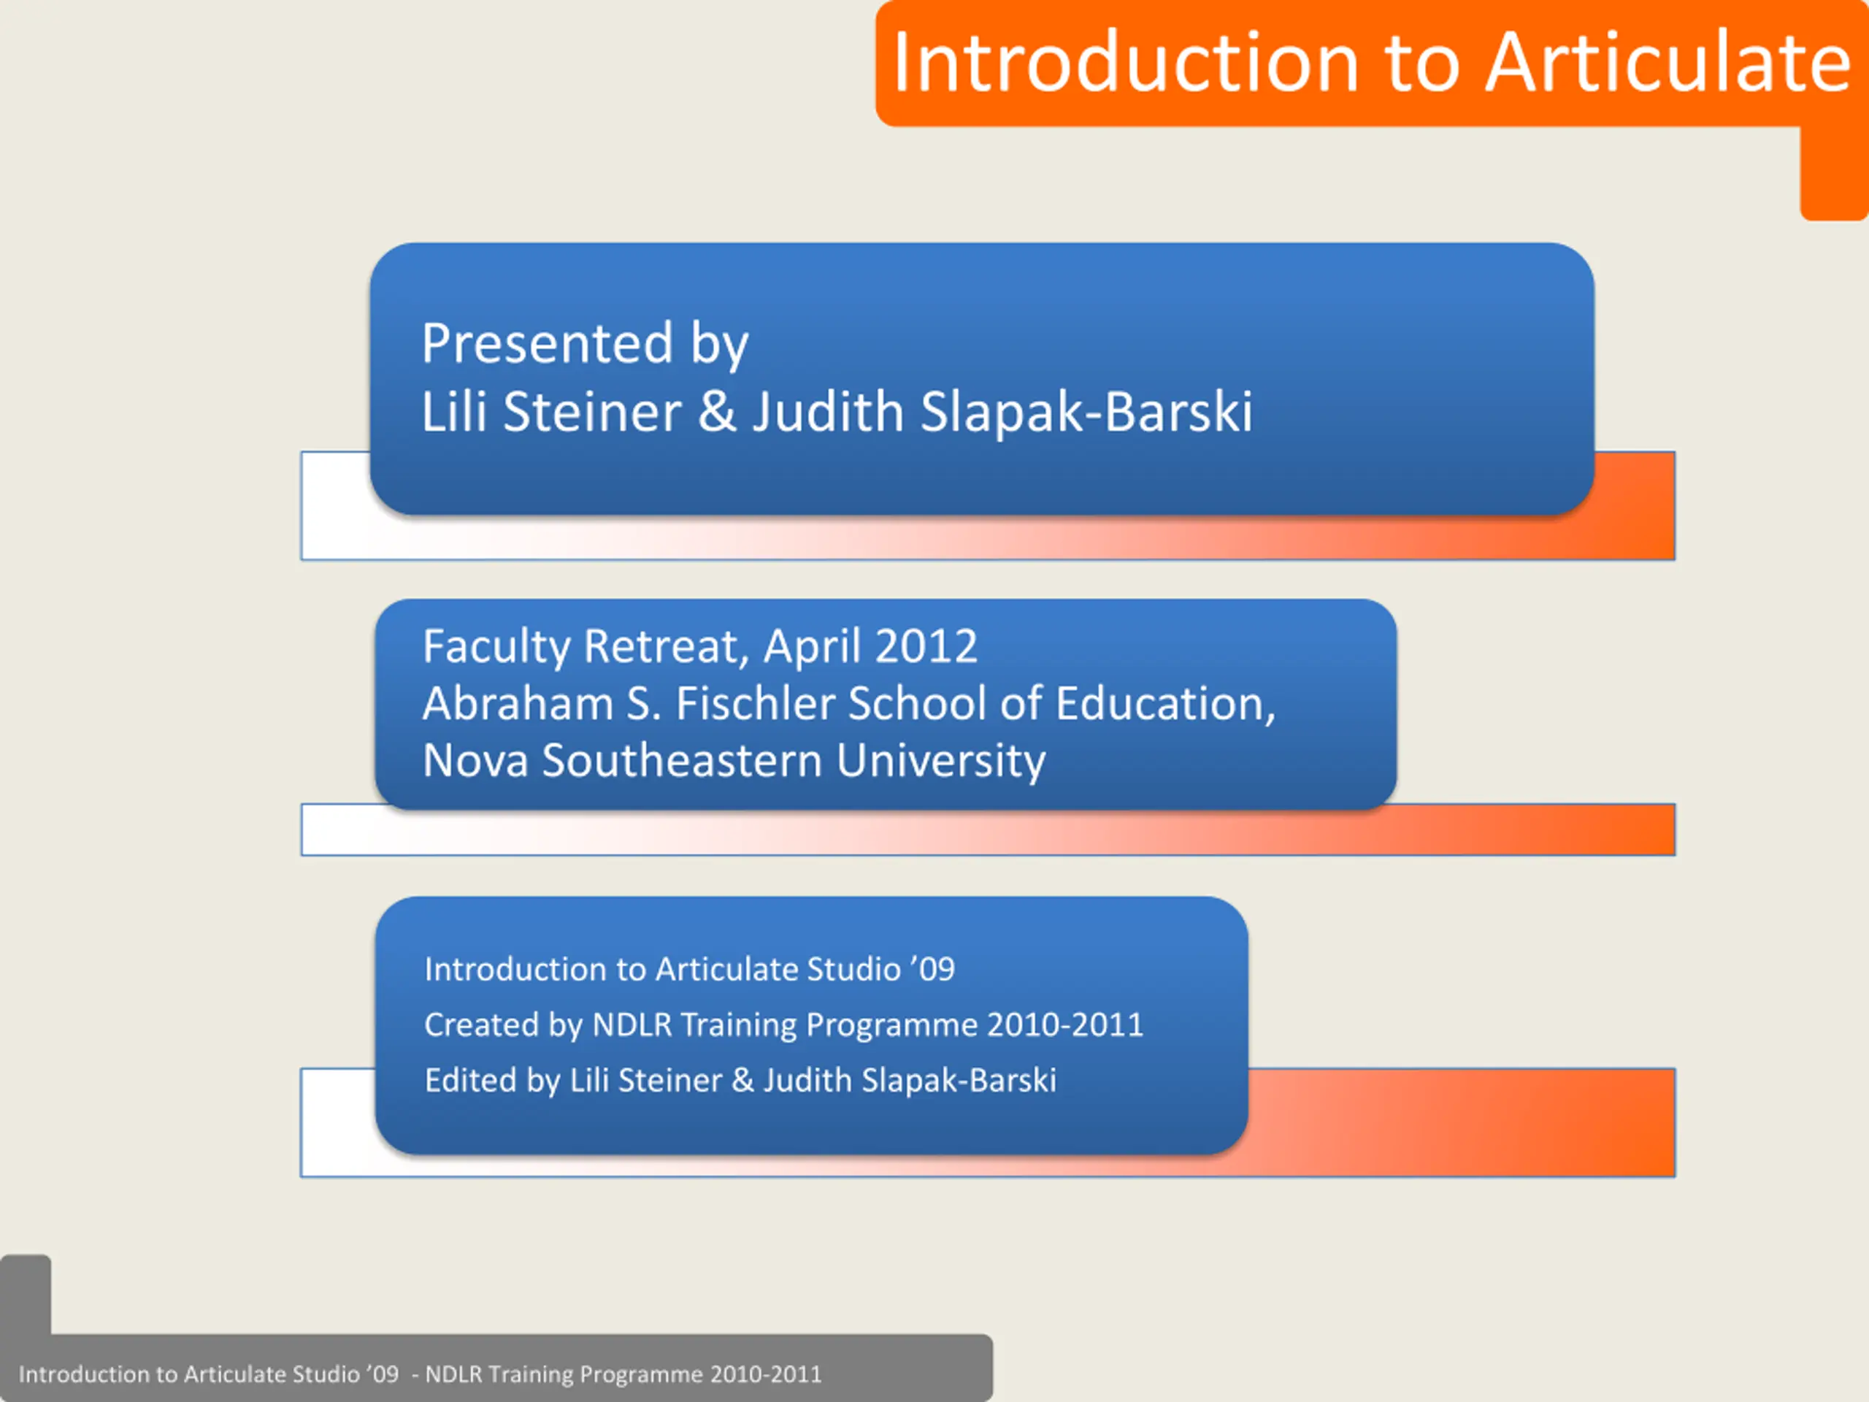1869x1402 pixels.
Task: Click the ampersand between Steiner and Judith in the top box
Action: coord(718,412)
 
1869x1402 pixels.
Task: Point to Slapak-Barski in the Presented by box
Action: coord(1086,412)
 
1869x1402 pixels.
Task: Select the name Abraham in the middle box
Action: coord(518,703)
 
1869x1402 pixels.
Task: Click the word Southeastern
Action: coord(682,761)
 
